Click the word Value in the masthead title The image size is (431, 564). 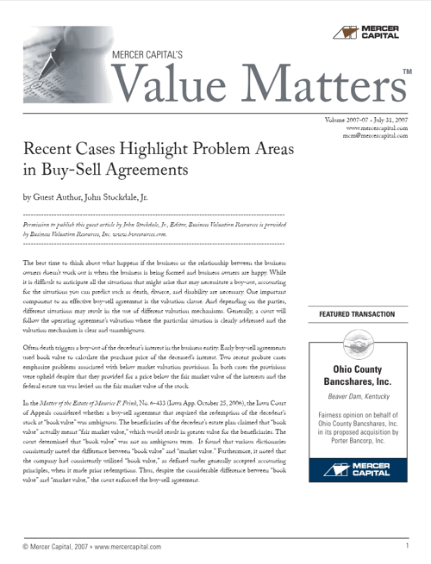point(172,84)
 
